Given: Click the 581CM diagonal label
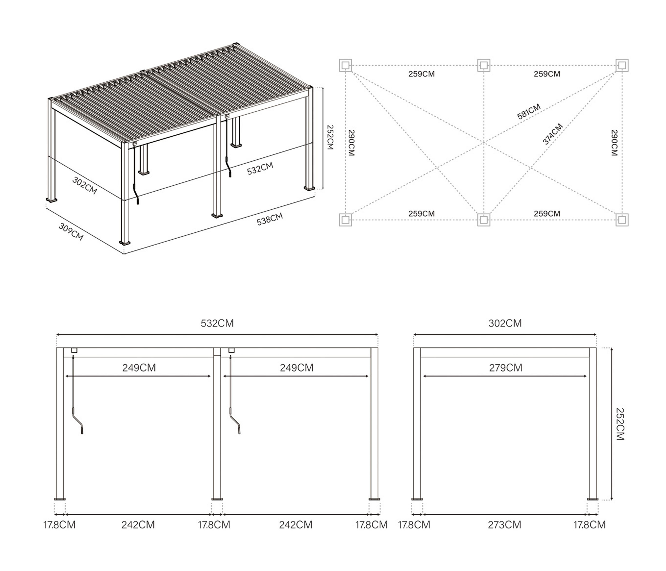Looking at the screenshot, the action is [x=529, y=112].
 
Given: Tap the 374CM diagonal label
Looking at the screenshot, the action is [x=553, y=134].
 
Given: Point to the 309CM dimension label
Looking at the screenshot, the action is [x=71, y=232].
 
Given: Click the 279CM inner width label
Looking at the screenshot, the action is [x=506, y=367].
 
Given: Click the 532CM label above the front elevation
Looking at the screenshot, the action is [x=217, y=323].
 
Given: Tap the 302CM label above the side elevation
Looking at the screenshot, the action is [x=505, y=323].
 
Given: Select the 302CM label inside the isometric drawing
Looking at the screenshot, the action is [x=84, y=185].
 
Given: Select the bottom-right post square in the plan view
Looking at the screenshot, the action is [x=622, y=220].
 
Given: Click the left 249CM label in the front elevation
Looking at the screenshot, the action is [x=139, y=367].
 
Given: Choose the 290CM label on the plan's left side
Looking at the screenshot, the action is [x=351, y=143].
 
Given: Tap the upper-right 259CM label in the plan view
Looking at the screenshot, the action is [x=547, y=74].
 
